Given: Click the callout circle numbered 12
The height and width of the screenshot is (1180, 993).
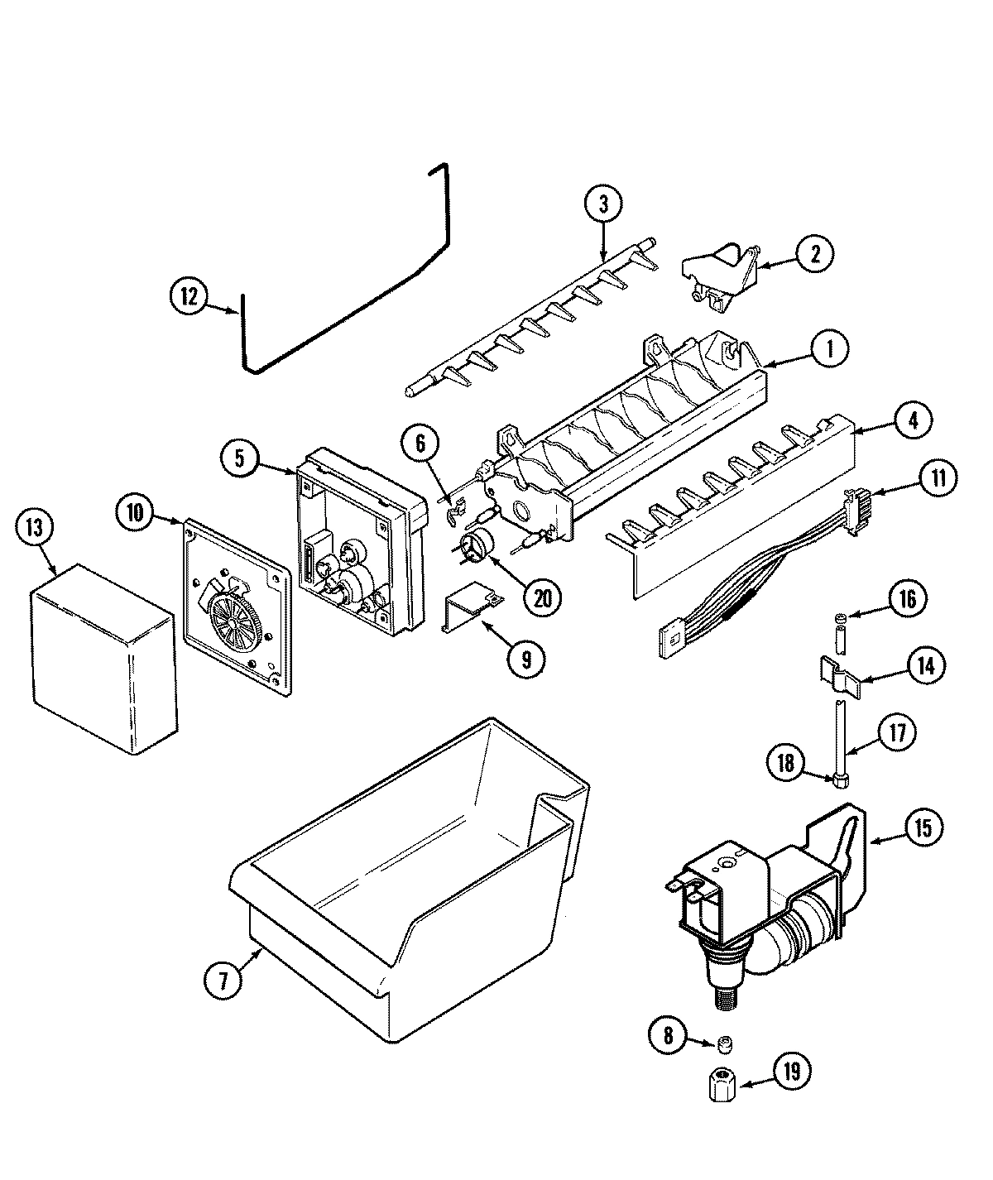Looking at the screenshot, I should pyautogui.click(x=190, y=297).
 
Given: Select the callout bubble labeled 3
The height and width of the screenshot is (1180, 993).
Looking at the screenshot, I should pyautogui.click(x=604, y=204).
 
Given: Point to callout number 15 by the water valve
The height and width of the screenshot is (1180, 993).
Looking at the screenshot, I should pyautogui.click(x=923, y=827).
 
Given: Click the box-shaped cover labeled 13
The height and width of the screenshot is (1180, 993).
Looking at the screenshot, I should pyautogui.click(x=103, y=658).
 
